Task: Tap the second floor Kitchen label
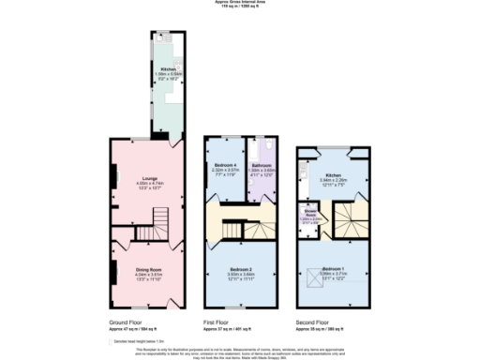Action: click(x=334, y=174)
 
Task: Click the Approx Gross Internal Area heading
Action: click(x=239, y=3)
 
